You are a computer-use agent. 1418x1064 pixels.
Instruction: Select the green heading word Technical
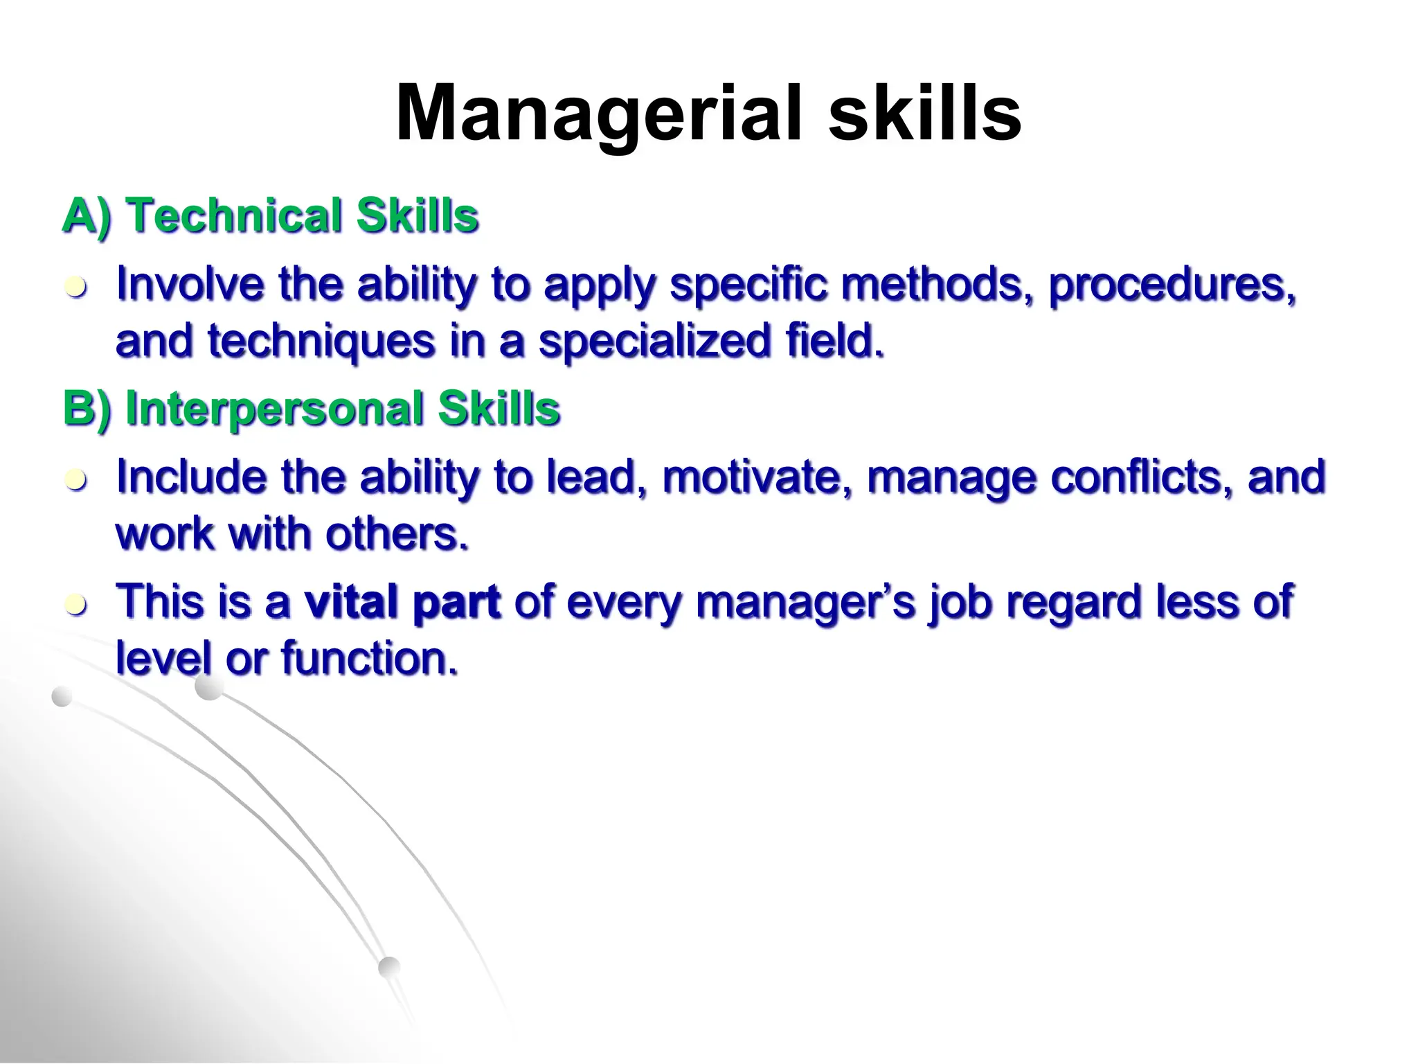235,215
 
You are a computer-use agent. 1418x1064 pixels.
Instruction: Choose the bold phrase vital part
402,601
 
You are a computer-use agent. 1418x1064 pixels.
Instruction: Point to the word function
370,658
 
